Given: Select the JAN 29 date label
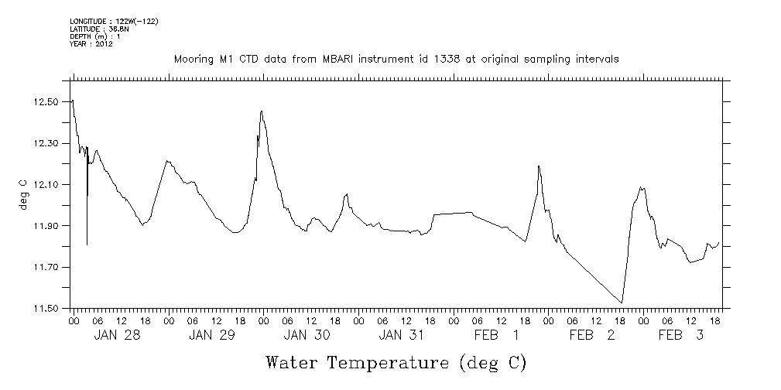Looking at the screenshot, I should click(x=211, y=335).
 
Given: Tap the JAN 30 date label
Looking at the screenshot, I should click(x=307, y=335).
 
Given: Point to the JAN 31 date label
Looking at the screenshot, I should click(x=402, y=335).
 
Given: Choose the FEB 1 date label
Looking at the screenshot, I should click(x=496, y=335).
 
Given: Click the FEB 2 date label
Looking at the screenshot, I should click(x=591, y=335).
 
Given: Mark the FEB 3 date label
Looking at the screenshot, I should click(x=681, y=335).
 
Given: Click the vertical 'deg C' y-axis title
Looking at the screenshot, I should click(x=23, y=194).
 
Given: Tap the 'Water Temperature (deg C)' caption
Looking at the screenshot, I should click(x=396, y=362).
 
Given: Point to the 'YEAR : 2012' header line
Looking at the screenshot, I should click(x=92, y=44).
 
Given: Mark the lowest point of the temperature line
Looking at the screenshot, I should click(x=622, y=303).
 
